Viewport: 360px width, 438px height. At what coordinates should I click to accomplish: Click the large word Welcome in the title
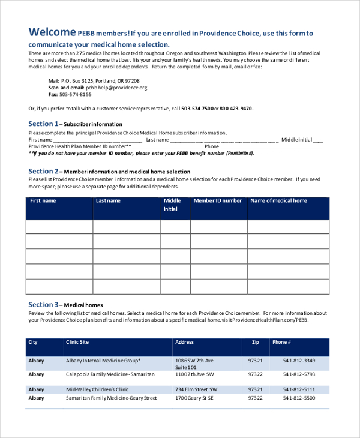pos(52,32)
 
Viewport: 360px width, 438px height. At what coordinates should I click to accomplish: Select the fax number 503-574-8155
pos(75,95)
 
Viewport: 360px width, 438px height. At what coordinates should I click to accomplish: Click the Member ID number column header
pos(218,201)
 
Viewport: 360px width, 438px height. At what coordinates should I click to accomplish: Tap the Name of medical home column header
pos(278,201)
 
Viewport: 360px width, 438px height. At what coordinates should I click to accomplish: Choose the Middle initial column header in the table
pos(172,205)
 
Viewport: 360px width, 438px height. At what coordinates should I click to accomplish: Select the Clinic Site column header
pos(77,342)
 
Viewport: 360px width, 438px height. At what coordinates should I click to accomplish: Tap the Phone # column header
pos(281,342)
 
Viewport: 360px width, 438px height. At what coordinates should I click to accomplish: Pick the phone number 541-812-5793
pos(299,374)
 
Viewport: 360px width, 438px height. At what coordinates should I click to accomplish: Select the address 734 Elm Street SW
pos(196,389)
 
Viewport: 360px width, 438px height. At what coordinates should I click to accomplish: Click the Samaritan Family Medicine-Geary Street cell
pos(111,398)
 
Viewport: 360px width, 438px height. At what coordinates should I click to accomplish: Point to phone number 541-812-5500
pos(299,398)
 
